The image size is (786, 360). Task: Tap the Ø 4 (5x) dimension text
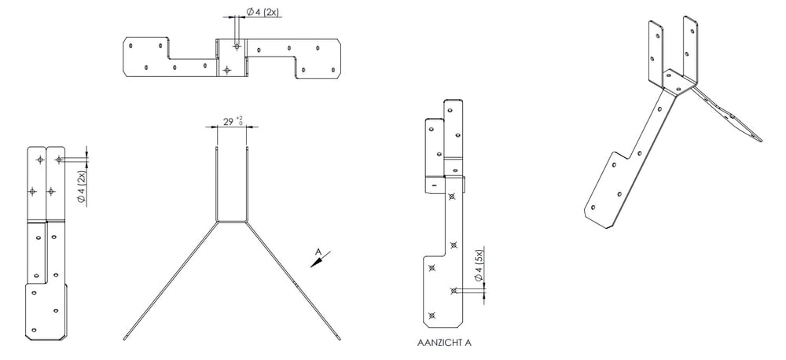(x=479, y=266)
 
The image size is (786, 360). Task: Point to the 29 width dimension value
(x=227, y=122)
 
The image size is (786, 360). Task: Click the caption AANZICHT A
(x=445, y=343)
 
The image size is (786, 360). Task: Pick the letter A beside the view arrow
(x=318, y=251)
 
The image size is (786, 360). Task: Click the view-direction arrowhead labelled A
(x=314, y=265)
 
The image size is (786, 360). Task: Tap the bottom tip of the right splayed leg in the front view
(x=340, y=339)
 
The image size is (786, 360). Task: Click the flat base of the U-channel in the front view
(x=233, y=221)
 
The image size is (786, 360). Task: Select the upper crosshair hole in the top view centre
(x=237, y=46)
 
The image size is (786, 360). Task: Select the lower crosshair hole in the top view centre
(x=227, y=70)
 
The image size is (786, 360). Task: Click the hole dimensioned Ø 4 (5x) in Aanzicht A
(x=454, y=291)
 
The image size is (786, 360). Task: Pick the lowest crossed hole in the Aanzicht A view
(x=430, y=315)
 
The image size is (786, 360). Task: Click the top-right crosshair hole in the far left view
(x=58, y=160)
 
